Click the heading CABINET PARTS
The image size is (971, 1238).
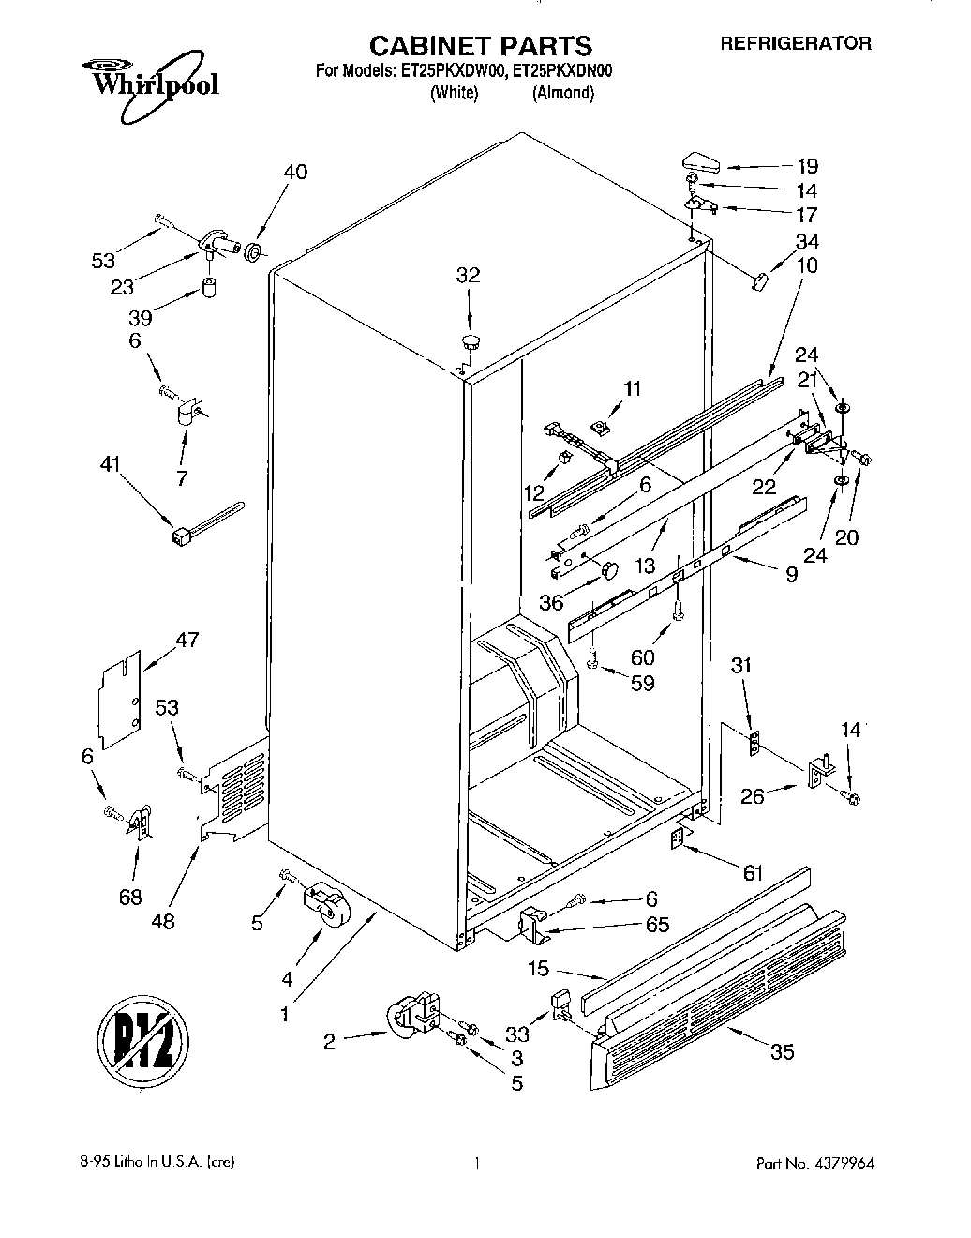[481, 45]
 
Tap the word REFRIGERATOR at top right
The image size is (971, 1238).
[796, 43]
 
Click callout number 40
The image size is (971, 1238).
[294, 172]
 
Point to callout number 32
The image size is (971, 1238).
[468, 275]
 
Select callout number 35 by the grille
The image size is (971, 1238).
[781, 1051]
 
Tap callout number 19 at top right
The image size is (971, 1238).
[807, 166]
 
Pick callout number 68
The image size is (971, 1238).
[130, 898]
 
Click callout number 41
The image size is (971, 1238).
[111, 462]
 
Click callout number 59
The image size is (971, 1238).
[642, 683]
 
